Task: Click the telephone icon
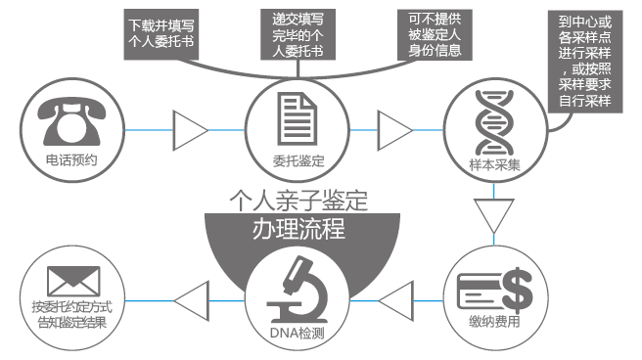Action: pyautogui.click(x=71, y=117)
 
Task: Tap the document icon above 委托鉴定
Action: pyautogui.click(x=298, y=116)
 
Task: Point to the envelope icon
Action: pyautogui.click(x=69, y=284)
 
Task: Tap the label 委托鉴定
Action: pyautogui.click(x=298, y=158)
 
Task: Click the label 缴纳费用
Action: pyautogui.click(x=494, y=322)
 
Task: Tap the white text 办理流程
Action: pyautogui.click(x=298, y=232)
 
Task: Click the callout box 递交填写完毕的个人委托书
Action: pyautogui.click(x=298, y=34)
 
